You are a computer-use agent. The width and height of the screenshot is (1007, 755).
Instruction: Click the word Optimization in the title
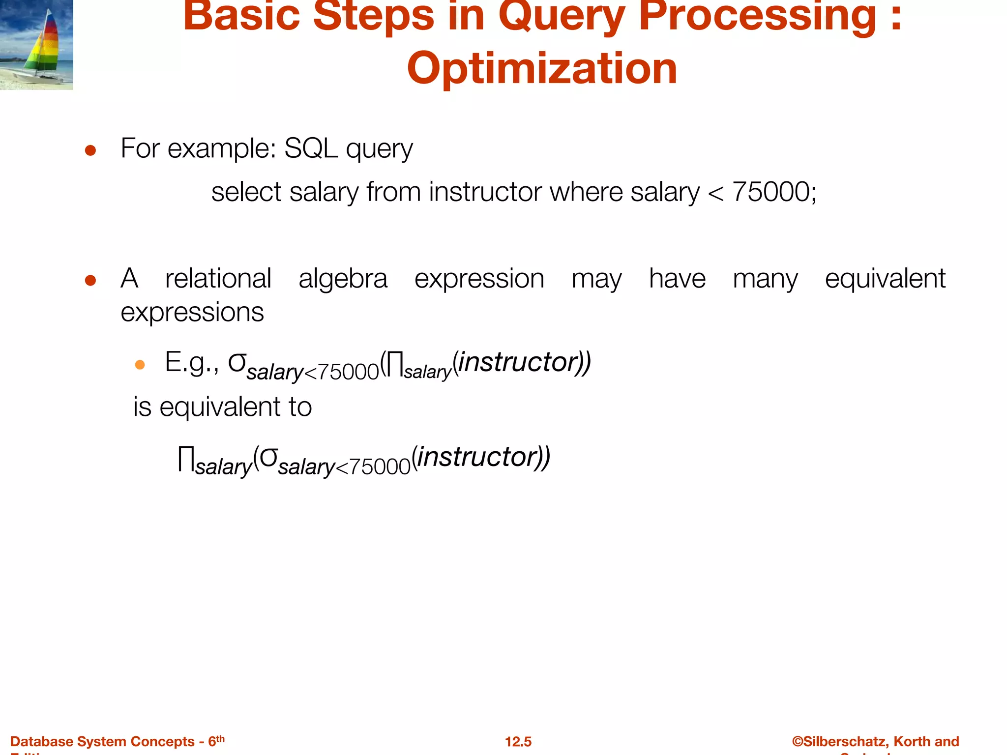point(542,68)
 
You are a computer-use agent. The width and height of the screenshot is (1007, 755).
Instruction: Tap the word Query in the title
point(561,16)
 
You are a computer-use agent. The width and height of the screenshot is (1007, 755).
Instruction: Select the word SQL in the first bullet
point(311,148)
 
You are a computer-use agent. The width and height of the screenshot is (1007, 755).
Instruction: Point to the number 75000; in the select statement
point(774,192)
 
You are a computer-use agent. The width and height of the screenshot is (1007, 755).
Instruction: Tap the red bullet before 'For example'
point(90,150)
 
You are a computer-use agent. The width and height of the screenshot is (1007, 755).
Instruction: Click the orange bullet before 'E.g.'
point(140,365)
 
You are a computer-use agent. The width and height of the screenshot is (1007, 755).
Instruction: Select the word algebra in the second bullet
point(343,279)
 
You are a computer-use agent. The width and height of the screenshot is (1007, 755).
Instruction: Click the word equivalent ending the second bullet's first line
point(885,279)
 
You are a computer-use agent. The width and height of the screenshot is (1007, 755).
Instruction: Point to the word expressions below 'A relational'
point(192,312)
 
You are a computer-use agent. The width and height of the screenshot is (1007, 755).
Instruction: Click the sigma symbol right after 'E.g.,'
point(237,363)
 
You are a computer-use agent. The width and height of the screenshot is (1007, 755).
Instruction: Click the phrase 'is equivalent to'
point(222,407)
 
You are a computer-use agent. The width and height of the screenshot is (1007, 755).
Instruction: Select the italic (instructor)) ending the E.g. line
point(521,362)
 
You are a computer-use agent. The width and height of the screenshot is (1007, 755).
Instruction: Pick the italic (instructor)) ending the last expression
point(481,457)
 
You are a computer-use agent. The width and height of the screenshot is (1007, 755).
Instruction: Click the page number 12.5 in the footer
point(518,741)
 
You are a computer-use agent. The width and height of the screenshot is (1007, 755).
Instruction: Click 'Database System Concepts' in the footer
point(102,741)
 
